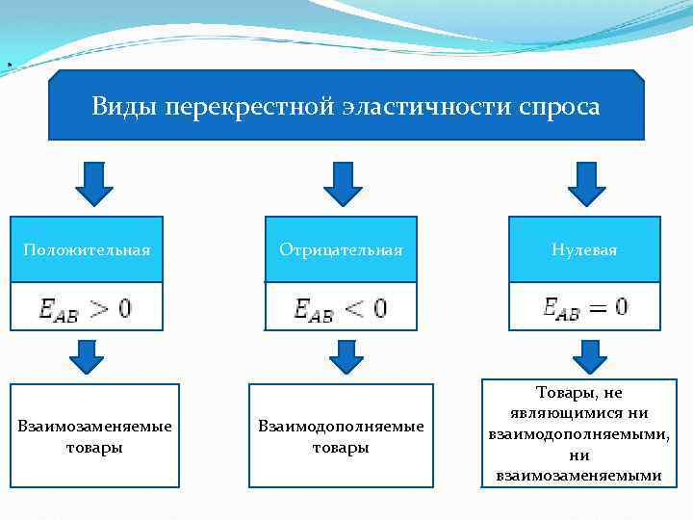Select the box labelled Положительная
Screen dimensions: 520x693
[87, 249]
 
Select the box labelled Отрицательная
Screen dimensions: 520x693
[341, 249]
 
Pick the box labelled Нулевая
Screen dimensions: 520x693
[584, 249]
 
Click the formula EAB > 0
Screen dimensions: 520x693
[86, 308]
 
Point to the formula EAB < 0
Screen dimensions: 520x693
[341, 308]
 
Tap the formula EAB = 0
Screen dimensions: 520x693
[584, 307]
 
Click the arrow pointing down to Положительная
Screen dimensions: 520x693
[93, 183]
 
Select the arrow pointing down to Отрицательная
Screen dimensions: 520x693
[338, 183]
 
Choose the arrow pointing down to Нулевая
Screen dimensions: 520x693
[586, 183]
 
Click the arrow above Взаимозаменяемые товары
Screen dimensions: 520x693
[86, 356]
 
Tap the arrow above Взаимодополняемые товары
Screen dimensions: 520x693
[346, 356]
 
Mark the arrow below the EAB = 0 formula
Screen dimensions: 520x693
[590, 355]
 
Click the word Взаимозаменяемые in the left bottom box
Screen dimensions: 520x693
[95, 426]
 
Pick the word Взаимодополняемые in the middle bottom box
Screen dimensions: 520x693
[341, 426]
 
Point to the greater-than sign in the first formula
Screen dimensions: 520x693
[102, 308]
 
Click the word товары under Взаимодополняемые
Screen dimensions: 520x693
[341, 448]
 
